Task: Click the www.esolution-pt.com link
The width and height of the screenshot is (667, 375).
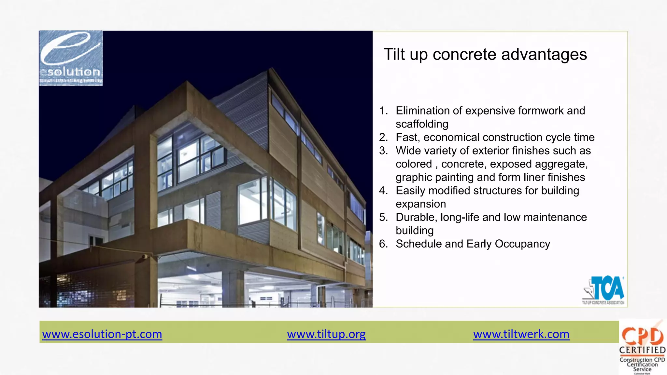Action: point(102,334)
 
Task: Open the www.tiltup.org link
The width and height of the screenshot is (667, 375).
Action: point(326,334)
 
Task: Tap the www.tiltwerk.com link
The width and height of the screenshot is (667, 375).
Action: point(521,334)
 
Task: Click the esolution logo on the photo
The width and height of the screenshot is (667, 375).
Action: point(71,58)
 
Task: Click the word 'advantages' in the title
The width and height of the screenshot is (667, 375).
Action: point(544,54)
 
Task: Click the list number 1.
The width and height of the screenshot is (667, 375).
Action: point(384,111)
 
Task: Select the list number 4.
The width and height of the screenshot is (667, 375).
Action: point(383,191)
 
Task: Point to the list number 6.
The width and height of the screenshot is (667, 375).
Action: point(383,244)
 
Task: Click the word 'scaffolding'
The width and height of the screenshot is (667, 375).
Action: point(422,124)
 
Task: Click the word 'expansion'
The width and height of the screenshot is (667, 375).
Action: point(421,204)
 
